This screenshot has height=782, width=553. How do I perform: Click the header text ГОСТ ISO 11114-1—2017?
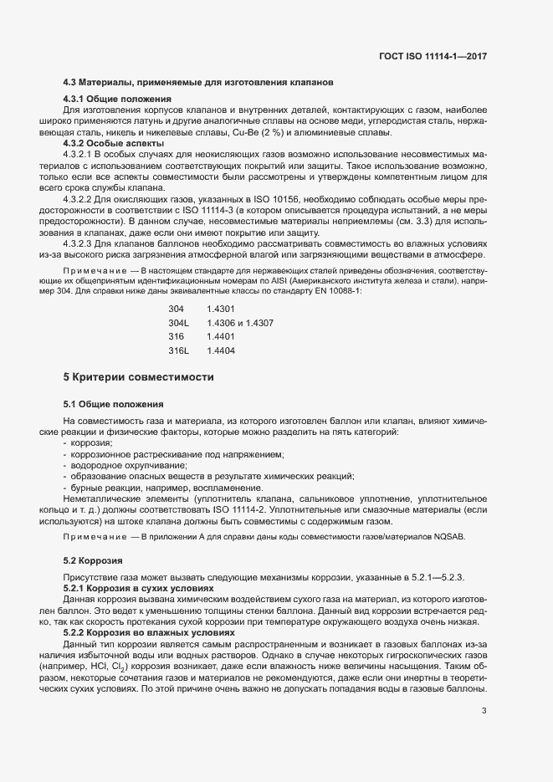click(433, 56)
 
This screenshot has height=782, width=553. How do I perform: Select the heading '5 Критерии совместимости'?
click(138, 377)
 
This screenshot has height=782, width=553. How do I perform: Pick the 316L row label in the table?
click(179, 350)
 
